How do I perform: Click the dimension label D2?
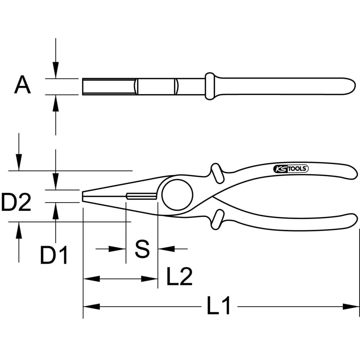coord(16,203)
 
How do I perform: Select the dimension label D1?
coord(54,255)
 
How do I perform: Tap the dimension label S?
coord(142,249)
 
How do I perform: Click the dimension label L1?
coord(219,307)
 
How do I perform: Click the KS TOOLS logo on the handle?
coord(290,168)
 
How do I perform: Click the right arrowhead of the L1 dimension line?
coord(351,307)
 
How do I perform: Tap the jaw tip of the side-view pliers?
coord(84,196)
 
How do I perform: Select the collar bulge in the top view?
coord(210,86)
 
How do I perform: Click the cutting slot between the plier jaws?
coord(141,196)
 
